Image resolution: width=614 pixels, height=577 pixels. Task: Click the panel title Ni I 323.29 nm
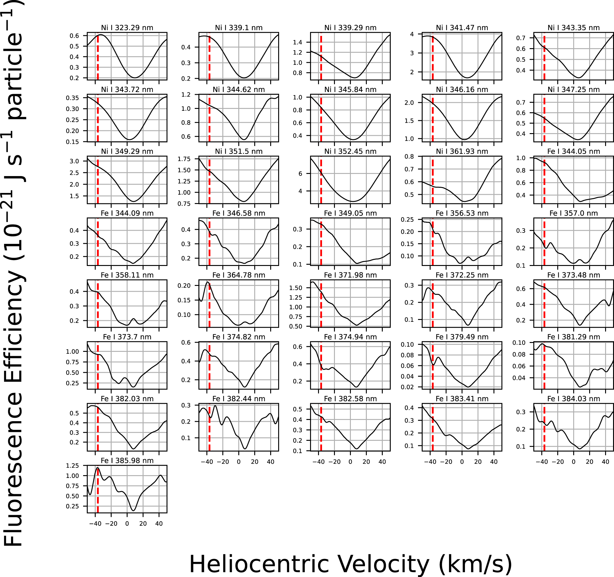tap(127, 28)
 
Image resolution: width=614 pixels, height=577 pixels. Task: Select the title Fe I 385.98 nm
tap(127, 460)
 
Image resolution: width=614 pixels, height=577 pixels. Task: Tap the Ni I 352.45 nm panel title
tap(350, 151)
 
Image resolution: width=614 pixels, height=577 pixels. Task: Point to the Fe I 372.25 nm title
tap(462, 275)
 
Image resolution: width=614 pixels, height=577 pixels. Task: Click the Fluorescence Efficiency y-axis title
tap(13, 273)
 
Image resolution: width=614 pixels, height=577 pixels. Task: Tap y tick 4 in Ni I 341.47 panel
tap(412, 34)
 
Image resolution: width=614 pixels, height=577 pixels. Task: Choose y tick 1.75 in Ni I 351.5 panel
tap(184, 159)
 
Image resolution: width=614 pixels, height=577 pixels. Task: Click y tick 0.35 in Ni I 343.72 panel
tap(72, 98)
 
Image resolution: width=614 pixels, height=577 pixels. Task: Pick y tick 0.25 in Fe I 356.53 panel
tap(407, 220)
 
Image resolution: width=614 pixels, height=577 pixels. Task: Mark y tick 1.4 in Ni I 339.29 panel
tap(297, 42)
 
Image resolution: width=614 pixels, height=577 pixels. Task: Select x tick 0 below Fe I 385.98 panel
tap(127, 524)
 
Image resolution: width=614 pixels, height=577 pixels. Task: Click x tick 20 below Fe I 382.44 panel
tap(255, 462)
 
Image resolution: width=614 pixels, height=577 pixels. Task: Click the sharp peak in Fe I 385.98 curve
tap(98, 468)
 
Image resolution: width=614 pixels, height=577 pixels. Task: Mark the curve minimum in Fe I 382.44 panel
tap(245, 449)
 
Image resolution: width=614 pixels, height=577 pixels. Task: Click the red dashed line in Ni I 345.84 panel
tap(321, 118)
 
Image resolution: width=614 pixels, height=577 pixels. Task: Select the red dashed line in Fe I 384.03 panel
tap(544, 427)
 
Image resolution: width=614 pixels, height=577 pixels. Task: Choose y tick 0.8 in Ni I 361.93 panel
tap(409, 156)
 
